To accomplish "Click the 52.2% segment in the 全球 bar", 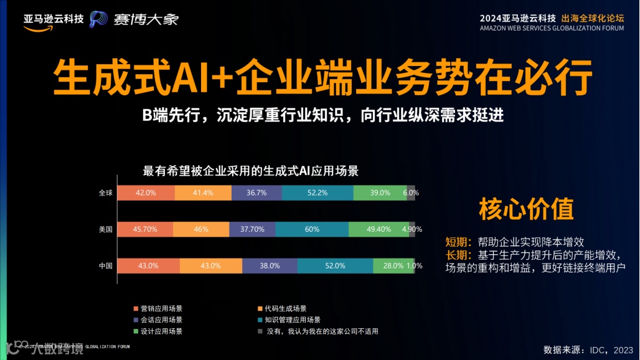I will [x=318, y=193].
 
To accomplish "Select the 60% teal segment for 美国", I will [x=311, y=229].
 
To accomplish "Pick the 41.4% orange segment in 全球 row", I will [x=203, y=193].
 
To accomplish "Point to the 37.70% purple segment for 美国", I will [x=252, y=229].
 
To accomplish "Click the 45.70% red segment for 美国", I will [x=145, y=229].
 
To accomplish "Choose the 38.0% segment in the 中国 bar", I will [x=270, y=265].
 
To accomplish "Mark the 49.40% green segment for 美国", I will [x=379, y=229].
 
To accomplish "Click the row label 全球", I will [x=106, y=193].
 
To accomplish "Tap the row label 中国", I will [x=106, y=265].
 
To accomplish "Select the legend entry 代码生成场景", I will [x=285, y=308].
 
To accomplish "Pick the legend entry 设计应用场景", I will [x=161, y=331].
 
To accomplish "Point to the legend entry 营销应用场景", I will [x=161, y=308].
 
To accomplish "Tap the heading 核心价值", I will [x=526, y=209].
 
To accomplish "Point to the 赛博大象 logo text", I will [x=146, y=19].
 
